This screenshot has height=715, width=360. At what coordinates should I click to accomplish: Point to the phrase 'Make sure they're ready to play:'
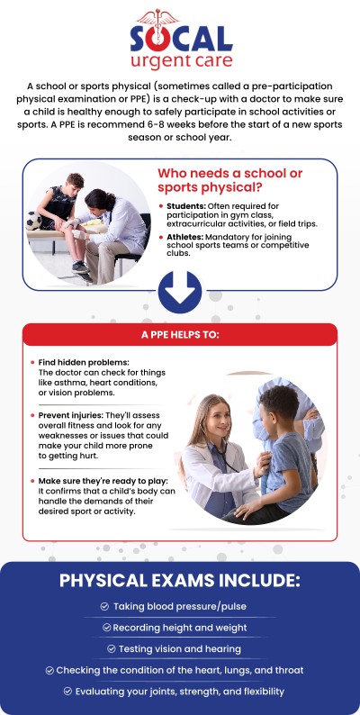(97, 482)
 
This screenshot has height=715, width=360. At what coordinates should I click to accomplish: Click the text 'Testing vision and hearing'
(185, 648)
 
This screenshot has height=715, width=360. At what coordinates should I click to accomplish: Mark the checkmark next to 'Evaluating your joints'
(68, 691)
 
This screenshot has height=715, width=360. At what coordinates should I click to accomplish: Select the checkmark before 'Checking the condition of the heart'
(49, 670)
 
